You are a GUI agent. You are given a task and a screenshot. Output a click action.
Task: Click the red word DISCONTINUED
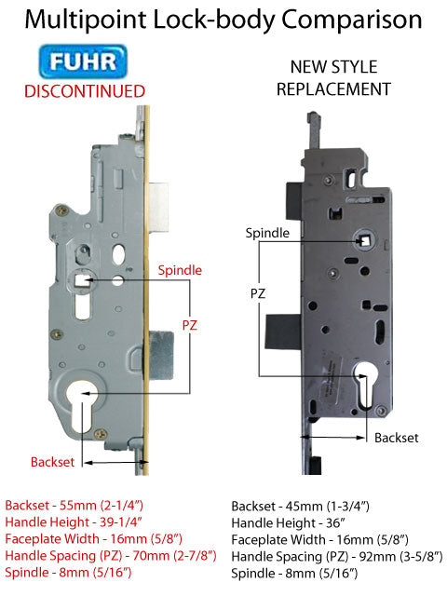84,91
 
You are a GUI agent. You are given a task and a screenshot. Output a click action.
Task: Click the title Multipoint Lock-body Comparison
223,19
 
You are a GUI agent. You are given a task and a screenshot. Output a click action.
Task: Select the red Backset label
51,461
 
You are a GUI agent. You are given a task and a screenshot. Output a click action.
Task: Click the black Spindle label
267,232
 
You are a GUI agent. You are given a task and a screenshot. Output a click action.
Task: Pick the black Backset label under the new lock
397,436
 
